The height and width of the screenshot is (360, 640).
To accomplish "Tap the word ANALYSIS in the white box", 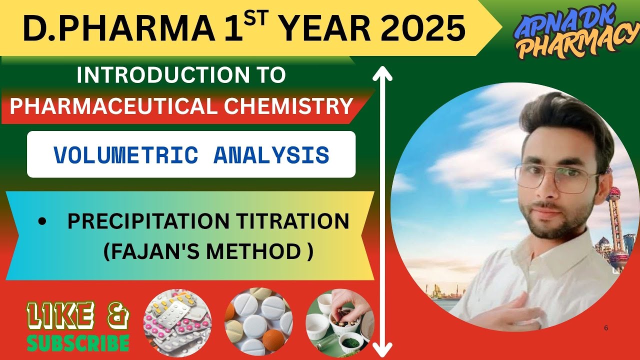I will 271,154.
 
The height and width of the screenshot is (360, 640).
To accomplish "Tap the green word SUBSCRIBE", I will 78,342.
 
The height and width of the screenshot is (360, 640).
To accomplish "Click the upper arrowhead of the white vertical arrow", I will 382,73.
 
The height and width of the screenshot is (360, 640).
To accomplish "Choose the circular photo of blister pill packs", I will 177,321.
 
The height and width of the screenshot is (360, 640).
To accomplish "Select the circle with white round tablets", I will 259,321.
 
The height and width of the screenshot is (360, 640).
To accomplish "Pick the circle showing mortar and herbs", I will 339,321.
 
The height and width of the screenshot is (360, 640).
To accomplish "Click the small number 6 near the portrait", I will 606,328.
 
